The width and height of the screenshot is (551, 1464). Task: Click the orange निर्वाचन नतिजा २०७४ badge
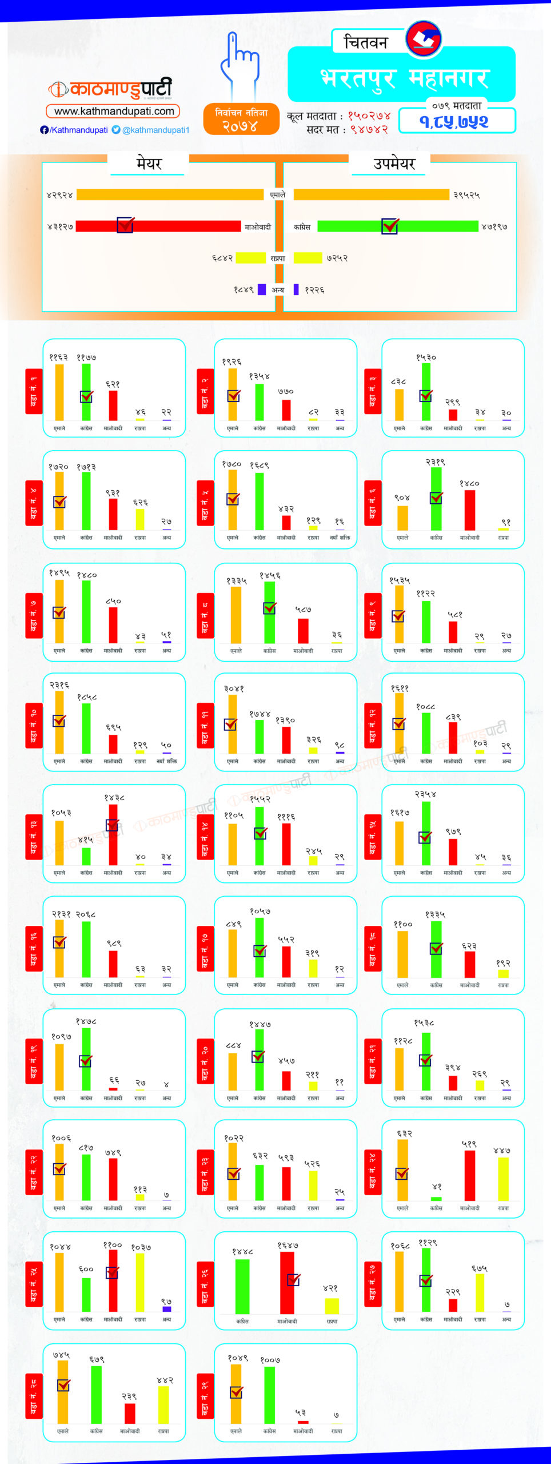click(241, 119)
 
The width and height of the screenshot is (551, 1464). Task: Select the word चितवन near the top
click(366, 42)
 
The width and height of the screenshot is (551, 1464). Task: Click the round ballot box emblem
click(424, 39)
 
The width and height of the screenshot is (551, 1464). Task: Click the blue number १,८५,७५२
click(454, 121)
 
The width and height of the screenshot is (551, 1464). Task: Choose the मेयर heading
click(149, 164)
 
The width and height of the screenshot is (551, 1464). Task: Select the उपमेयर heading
click(394, 164)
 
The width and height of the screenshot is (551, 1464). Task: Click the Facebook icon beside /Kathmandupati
click(44, 130)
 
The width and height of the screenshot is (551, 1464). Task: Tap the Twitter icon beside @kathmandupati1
click(116, 130)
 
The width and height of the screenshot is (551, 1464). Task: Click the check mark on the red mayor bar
click(125, 225)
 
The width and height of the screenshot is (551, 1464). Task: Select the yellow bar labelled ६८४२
click(250, 258)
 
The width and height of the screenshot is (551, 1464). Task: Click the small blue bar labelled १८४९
click(261, 289)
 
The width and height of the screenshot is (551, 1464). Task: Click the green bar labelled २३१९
click(436, 499)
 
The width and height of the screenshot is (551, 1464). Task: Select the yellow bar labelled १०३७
click(140, 1282)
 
